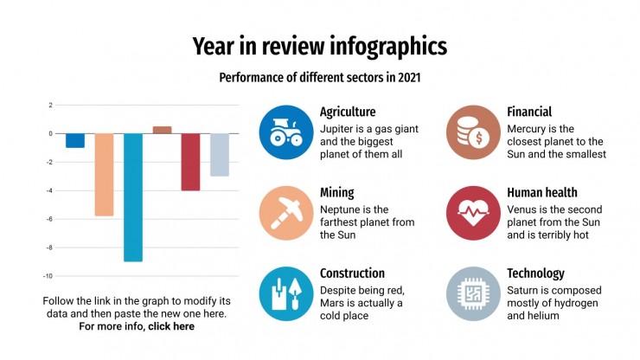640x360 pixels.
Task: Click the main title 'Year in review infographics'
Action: (x=319, y=46)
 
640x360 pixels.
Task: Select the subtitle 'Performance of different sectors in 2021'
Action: (x=319, y=77)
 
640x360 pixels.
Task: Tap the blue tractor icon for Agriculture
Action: (x=285, y=132)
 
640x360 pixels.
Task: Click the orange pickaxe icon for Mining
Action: (x=285, y=213)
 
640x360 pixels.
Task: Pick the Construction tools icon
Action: (x=285, y=293)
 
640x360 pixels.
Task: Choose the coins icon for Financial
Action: (x=473, y=132)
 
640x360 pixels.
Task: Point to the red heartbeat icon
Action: (x=473, y=213)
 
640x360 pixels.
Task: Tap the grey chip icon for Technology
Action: (x=473, y=293)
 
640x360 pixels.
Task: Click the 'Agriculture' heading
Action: (x=348, y=112)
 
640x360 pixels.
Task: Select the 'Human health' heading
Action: (x=541, y=192)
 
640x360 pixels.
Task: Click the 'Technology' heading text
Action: (x=535, y=273)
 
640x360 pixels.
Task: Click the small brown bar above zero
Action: (x=162, y=130)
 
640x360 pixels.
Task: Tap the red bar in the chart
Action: (x=190, y=162)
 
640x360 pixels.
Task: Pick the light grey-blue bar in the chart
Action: (x=220, y=155)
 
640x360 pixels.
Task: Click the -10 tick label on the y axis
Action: (x=48, y=276)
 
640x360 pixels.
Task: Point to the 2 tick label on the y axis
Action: (x=50, y=106)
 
